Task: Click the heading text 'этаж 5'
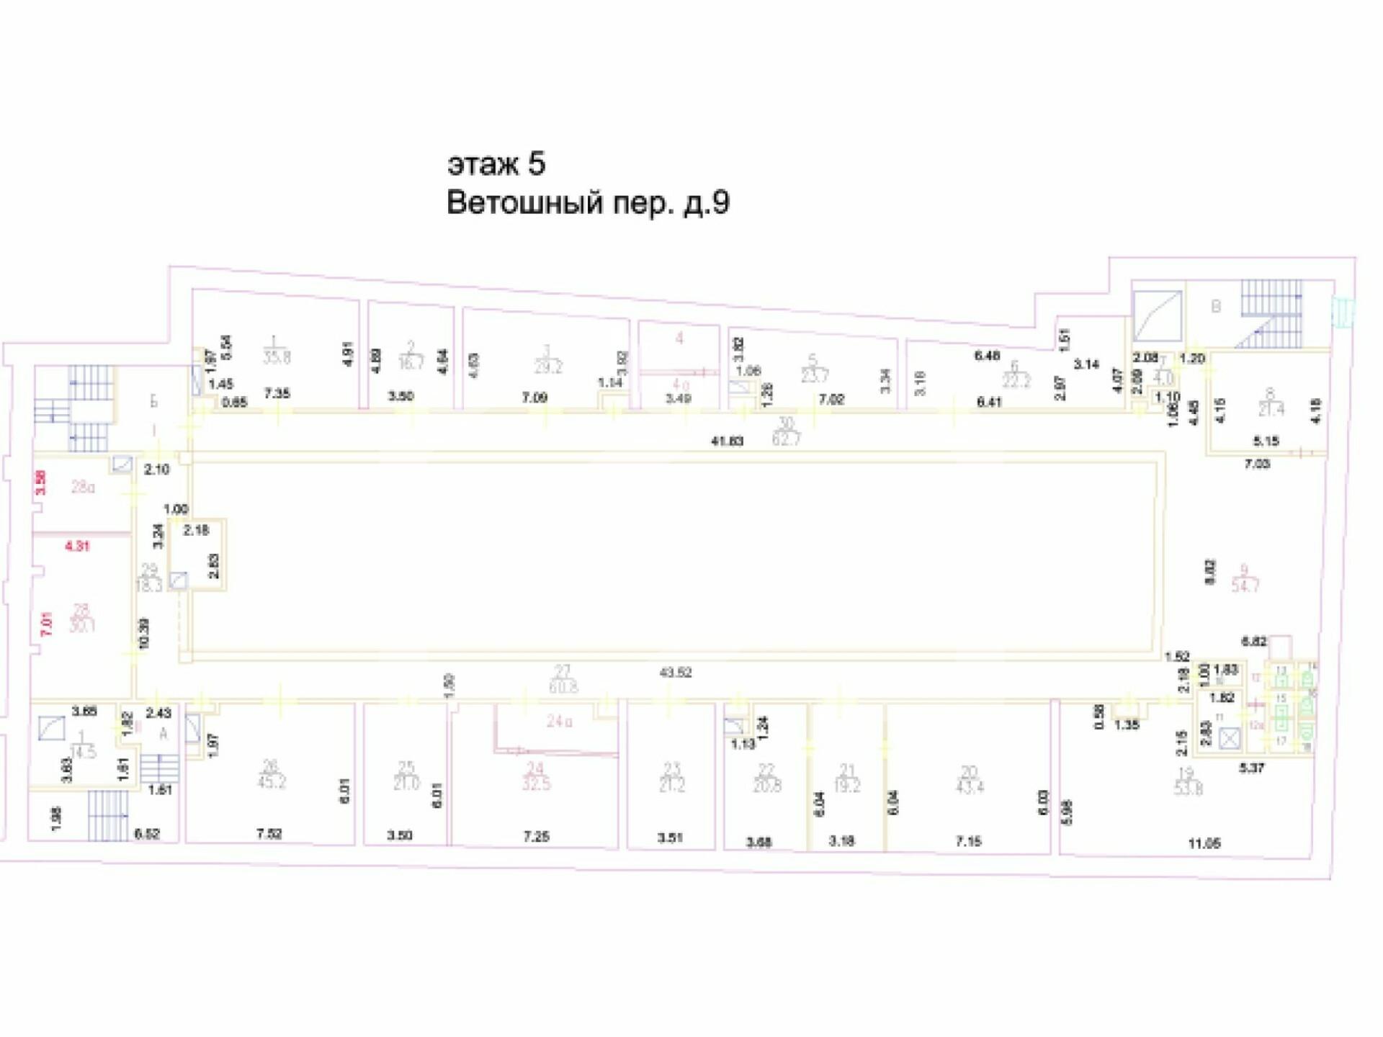coord(496,164)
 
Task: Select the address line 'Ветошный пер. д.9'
coord(588,203)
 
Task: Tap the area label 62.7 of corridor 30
coord(786,439)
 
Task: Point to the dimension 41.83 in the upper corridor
coord(727,441)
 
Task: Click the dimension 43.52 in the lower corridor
coord(675,673)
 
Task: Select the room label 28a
coord(83,488)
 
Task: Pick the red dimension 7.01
coord(48,624)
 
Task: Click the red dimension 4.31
coord(77,547)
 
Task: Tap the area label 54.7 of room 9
coord(1245,586)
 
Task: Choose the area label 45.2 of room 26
coord(272,782)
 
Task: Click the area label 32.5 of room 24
coord(536,784)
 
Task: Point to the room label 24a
coord(559,721)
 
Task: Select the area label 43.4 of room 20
coord(970,787)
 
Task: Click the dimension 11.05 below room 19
coord(1204,843)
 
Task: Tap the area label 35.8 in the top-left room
coord(277,357)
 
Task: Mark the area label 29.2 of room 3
coord(548,367)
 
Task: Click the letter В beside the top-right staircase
coord(1216,307)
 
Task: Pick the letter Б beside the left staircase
coord(153,402)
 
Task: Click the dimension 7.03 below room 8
coord(1257,464)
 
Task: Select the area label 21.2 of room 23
coord(671,785)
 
